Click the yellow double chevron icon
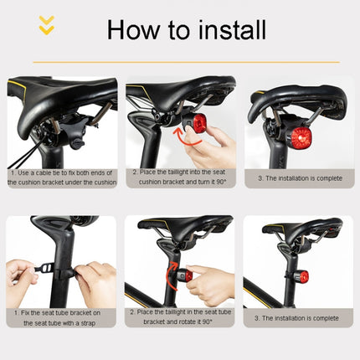pyautogui.click(x=48, y=26)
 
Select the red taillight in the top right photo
pyautogui.click(x=300, y=136)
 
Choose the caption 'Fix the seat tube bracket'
pyautogui.click(x=61, y=317)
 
